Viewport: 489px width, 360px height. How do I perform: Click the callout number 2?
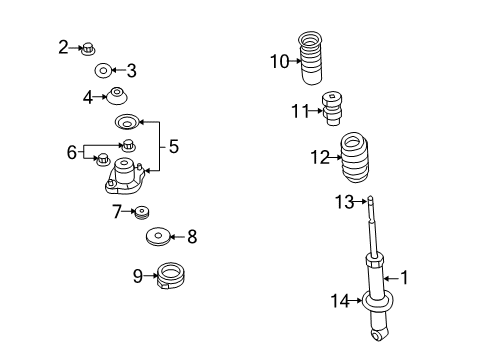pos(63,46)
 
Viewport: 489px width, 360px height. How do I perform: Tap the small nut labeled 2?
pos(87,47)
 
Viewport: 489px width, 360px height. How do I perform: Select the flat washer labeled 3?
pos(102,71)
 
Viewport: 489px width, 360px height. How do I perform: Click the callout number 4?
pos(88,97)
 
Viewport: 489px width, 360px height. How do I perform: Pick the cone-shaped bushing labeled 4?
pos(118,98)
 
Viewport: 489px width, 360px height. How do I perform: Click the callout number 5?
pos(173,146)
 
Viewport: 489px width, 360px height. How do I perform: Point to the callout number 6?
pos(71,152)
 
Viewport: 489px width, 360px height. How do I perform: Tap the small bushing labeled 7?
pos(141,212)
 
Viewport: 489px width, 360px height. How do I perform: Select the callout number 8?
pos(192,237)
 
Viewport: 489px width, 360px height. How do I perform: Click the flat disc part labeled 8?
pos(158,237)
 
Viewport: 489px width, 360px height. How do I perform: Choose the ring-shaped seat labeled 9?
pos(171,273)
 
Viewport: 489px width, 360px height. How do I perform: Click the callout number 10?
pos(278,61)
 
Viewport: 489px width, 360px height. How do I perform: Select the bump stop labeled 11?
pos(335,110)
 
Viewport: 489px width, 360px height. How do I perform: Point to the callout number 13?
pos(343,202)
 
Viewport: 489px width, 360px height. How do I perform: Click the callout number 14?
pos(340,299)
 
